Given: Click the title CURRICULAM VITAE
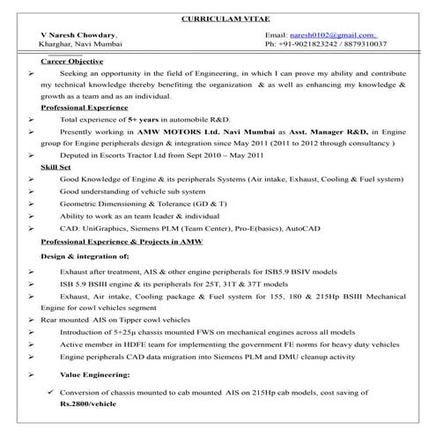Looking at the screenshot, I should tap(218, 17).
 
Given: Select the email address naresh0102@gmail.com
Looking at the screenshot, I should tap(321, 33).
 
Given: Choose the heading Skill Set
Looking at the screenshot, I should tap(58, 165).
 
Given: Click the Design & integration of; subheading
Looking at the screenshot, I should tap(85, 255).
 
